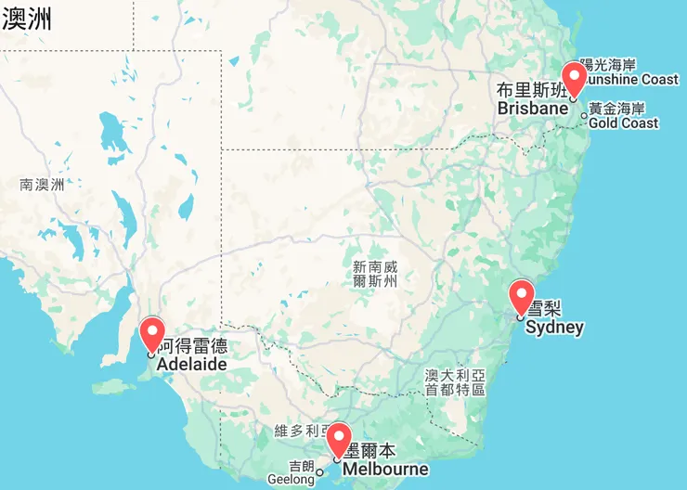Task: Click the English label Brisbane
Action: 532,109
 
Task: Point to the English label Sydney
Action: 554,327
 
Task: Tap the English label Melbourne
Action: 385,469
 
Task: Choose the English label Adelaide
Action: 191,365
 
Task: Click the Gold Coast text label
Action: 623,123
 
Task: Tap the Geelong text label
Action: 291,480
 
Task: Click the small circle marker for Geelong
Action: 320,471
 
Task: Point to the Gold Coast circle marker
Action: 584,116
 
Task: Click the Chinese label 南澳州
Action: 42,185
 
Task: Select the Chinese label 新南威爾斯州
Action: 375,273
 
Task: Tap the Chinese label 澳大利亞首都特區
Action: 455,382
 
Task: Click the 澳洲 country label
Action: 26,19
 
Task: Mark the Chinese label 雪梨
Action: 546,309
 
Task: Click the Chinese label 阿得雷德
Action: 193,347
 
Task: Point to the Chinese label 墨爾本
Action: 369,451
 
